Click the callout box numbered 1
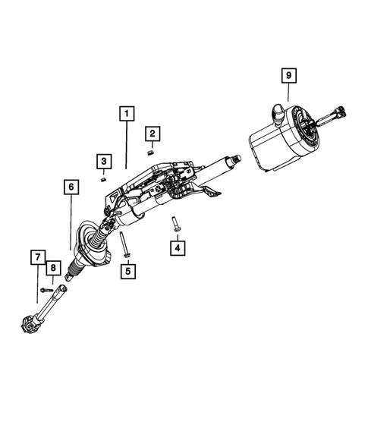click(127, 114)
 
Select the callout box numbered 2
click(153, 135)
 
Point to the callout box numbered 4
click(177, 247)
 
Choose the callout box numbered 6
click(70, 186)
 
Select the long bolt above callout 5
click(124, 245)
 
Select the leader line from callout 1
click(127, 144)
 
